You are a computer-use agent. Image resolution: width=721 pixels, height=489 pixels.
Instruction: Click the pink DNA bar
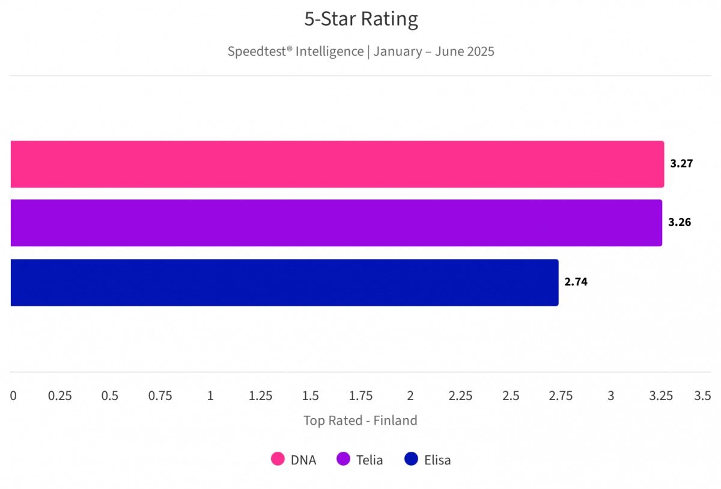click(336, 164)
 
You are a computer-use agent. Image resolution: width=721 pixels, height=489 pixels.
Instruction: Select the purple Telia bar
click(336, 223)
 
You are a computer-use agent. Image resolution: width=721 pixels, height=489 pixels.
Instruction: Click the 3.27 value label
click(682, 163)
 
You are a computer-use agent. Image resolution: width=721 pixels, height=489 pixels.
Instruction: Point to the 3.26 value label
click(680, 222)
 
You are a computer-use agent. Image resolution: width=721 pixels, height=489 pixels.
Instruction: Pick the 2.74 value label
click(576, 281)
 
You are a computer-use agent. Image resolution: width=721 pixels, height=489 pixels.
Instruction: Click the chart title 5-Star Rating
click(361, 19)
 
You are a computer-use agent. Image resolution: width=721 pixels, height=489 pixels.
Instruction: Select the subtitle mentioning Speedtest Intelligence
click(361, 51)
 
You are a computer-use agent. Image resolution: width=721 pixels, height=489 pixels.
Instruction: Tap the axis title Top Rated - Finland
click(360, 421)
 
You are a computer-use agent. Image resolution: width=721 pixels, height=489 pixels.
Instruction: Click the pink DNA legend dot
click(278, 460)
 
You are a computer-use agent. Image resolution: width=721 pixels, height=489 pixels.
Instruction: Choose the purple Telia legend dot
click(344, 460)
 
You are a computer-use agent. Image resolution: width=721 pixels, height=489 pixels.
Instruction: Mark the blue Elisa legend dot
click(411, 460)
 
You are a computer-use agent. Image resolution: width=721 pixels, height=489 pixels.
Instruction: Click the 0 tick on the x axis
click(13, 396)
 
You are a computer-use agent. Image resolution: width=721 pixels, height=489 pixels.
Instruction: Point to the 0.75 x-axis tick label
click(160, 396)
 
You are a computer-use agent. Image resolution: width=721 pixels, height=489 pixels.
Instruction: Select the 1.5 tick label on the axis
click(311, 396)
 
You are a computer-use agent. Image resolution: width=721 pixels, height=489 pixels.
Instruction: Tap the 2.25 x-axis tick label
click(460, 396)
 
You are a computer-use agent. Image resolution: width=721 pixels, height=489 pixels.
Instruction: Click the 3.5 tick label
click(702, 396)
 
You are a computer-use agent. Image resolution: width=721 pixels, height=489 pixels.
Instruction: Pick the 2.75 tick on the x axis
click(561, 396)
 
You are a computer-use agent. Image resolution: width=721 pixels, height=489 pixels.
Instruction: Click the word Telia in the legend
click(370, 460)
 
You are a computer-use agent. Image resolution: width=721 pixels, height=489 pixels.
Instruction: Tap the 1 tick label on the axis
click(210, 396)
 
